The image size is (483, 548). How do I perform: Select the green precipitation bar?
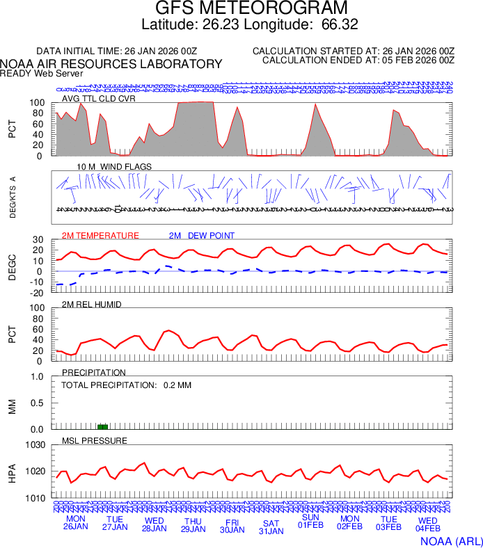102,426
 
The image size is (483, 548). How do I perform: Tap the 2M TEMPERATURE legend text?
100,236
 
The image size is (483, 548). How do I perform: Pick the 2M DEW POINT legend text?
202,236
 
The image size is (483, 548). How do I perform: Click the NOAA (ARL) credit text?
451,540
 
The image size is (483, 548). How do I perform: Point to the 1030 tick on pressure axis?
35,445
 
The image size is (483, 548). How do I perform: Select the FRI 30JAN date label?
232,525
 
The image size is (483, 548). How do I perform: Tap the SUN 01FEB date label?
310,522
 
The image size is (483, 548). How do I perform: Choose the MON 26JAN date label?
76,523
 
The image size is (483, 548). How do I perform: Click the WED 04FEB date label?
427,524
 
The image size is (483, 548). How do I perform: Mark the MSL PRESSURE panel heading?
95,441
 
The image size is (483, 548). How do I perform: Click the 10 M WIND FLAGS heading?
114,167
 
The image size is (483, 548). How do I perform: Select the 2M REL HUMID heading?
92,305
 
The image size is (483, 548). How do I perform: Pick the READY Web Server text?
42,73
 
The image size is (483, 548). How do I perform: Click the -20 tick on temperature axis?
38,293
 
